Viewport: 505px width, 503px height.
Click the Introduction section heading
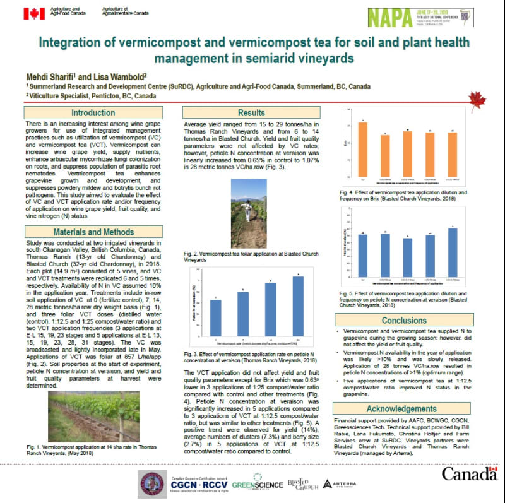pos(93,112)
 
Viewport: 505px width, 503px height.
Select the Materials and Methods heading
pos(93,232)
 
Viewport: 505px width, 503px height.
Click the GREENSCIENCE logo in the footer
pos(257,485)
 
